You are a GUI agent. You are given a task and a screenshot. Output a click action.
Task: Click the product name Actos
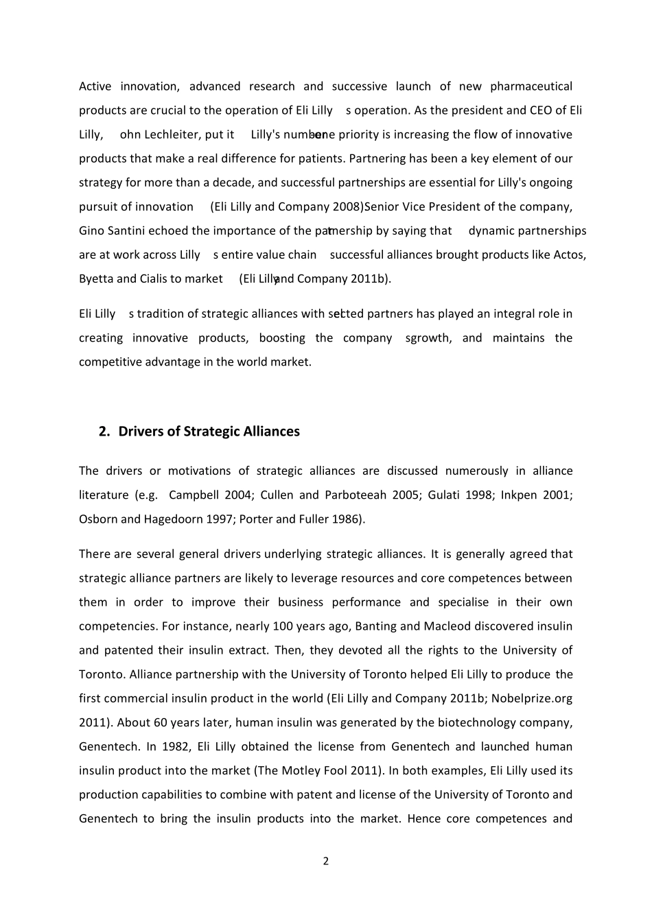(569, 255)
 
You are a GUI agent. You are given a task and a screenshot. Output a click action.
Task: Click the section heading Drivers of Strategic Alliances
(209, 432)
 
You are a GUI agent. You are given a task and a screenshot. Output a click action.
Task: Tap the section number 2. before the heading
(104, 432)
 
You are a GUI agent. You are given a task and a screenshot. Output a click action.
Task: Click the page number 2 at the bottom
(326, 861)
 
